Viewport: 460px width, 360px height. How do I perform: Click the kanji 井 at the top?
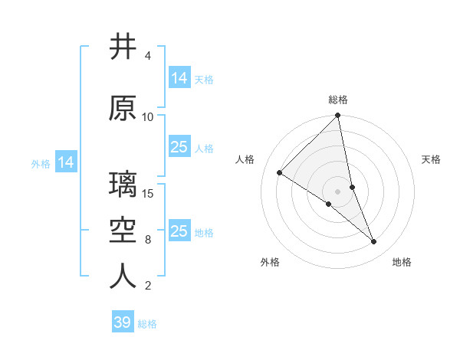coord(123,47)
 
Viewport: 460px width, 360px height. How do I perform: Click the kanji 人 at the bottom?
coord(123,276)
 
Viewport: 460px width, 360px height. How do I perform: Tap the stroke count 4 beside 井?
coord(147,56)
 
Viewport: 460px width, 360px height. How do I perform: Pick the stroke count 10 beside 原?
coord(148,116)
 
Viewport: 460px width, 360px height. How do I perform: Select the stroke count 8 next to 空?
coord(147,239)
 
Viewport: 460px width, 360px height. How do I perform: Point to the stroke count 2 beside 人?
coord(147,286)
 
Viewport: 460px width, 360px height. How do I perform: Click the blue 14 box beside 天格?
coord(179,78)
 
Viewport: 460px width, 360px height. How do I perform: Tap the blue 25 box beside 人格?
coord(179,147)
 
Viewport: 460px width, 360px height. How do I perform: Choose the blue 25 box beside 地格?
coord(179,231)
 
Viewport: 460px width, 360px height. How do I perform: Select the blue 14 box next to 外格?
coord(66,162)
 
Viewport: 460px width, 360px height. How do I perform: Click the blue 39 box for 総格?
coord(122,322)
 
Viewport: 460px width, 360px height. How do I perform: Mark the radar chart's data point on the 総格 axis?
coord(337,116)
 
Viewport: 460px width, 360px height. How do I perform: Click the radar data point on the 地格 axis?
coord(374,242)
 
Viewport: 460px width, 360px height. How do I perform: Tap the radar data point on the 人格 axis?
coord(280,173)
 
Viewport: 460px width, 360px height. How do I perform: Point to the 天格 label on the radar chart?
coord(431,159)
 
